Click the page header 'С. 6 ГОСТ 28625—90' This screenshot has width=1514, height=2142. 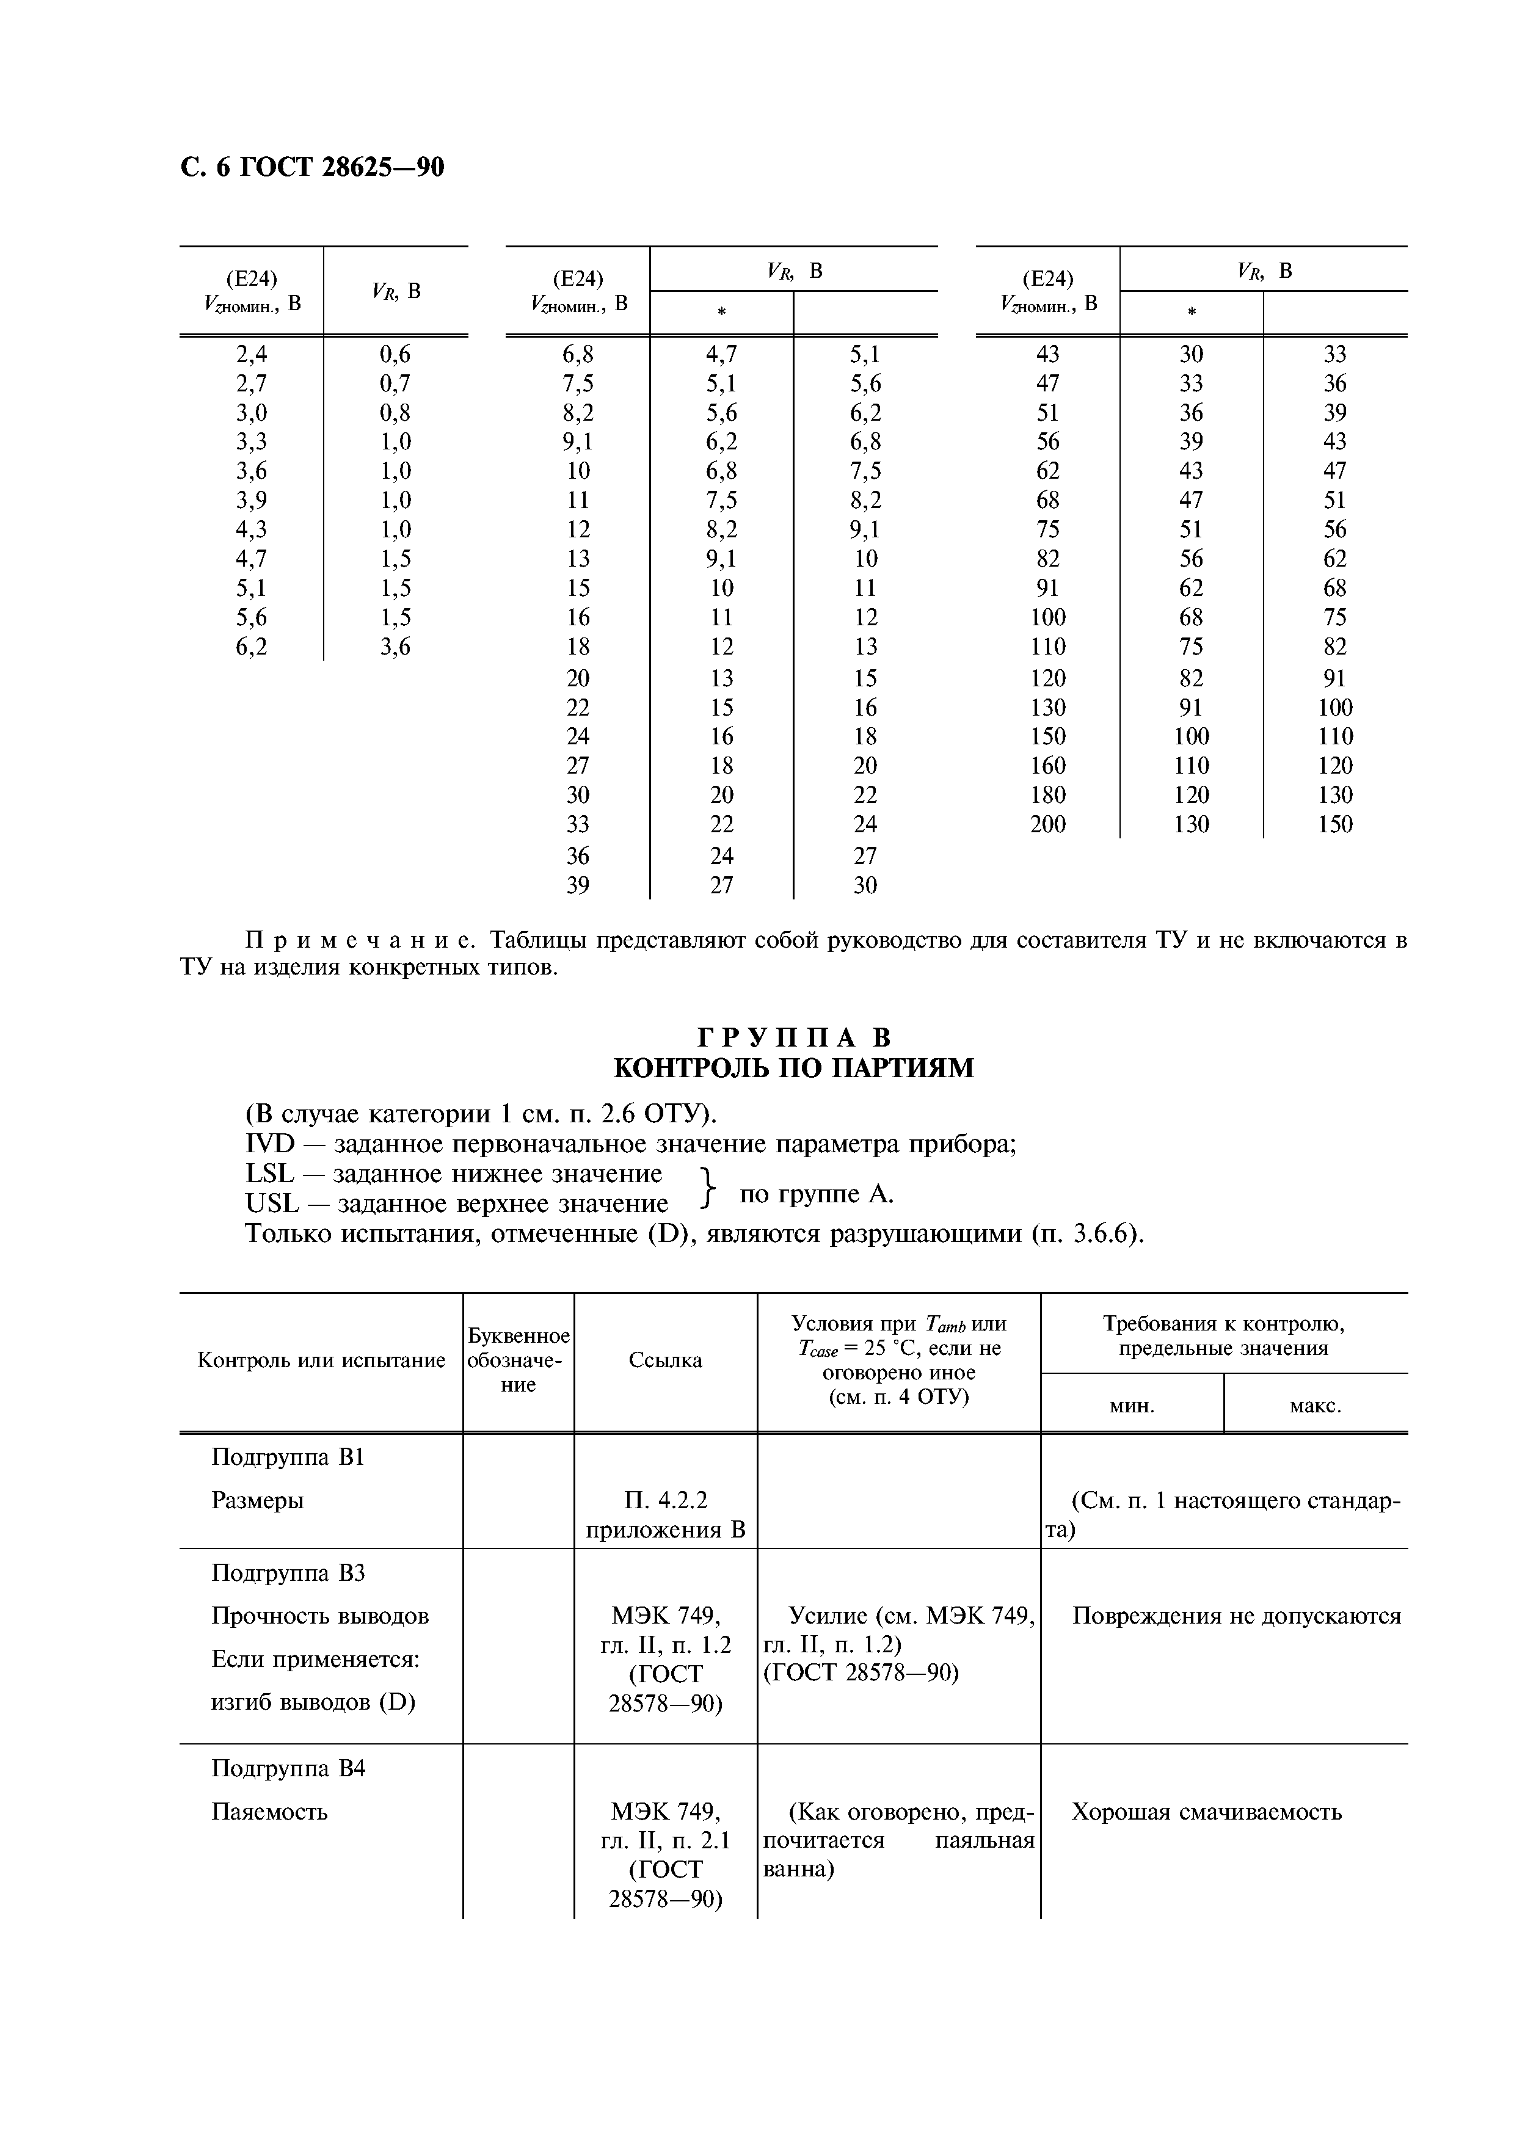click(x=311, y=167)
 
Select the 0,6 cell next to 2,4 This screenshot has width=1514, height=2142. click(x=395, y=354)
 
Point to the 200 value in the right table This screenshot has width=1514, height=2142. click(x=1047, y=824)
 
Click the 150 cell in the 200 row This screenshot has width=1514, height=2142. click(x=1335, y=824)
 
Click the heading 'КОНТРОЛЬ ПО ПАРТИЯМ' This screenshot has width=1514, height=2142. click(x=793, y=1068)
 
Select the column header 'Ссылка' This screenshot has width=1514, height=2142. click(x=665, y=1360)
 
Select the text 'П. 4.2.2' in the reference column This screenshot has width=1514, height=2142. click(x=665, y=1500)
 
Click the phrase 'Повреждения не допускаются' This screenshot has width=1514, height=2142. click(x=1236, y=1616)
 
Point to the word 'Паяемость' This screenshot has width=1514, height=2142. click(x=269, y=1812)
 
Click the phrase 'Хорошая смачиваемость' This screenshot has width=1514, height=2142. click(x=1206, y=1812)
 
